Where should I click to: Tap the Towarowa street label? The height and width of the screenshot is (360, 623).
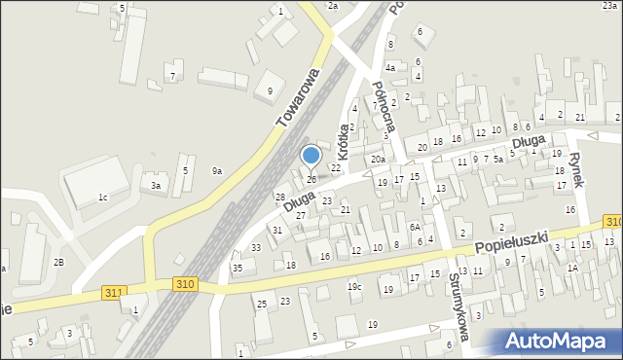point(298,98)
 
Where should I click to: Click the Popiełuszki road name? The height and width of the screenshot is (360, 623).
point(513,242)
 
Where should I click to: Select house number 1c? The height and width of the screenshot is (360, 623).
point(102,198)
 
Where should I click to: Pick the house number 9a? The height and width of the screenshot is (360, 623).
point(217,171)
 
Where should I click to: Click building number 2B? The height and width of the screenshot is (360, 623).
point(58,263)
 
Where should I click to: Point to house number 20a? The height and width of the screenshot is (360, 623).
point(378,159)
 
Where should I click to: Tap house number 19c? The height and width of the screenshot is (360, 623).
point(354,286)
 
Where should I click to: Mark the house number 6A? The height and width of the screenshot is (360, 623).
point(415,227)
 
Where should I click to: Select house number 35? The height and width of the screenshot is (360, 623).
point(237,268)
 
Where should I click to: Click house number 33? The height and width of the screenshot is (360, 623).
point(255,248)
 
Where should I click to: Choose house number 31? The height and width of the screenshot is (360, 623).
point(277,230)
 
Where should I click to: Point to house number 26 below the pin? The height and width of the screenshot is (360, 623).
point(311,179)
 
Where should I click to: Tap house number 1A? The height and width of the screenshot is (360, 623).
point(573,268)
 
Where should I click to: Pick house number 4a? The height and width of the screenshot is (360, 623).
point(389,68)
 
